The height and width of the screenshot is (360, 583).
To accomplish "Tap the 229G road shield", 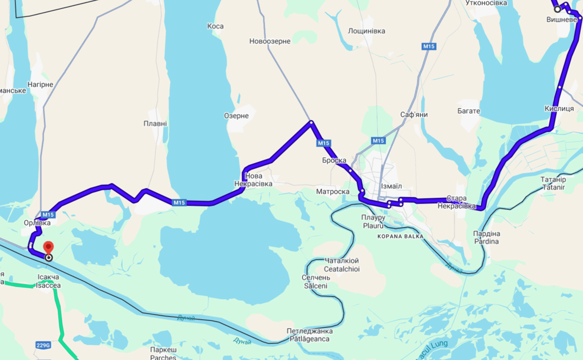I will [43, 345].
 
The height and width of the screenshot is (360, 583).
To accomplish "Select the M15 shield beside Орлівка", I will [48, 215].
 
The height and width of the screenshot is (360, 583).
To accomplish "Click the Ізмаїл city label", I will [391, 186].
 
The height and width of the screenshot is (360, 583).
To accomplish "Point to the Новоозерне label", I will [270, 41].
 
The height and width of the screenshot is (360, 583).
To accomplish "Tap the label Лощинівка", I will [366, 31].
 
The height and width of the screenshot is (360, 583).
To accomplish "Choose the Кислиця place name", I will [559, 108].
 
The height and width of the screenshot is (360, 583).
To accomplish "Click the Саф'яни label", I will [414, 114].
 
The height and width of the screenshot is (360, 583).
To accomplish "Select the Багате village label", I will [469, 111].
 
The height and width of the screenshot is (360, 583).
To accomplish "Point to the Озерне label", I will [236, 116].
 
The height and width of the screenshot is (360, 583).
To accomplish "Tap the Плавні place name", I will [155, 124].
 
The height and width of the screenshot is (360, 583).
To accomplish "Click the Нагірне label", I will [40, 84].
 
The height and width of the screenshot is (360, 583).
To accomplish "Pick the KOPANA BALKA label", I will [400, 237].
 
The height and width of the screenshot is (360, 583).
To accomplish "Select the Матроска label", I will [333, 192].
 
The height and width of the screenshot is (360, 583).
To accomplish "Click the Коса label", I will [215, 26].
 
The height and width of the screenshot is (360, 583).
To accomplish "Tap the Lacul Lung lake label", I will [430, 346].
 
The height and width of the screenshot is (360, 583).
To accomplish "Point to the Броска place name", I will [334, 160].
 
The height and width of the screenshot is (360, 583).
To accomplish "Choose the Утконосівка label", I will [486, 3].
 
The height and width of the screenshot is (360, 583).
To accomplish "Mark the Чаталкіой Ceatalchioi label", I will [341, 265].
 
